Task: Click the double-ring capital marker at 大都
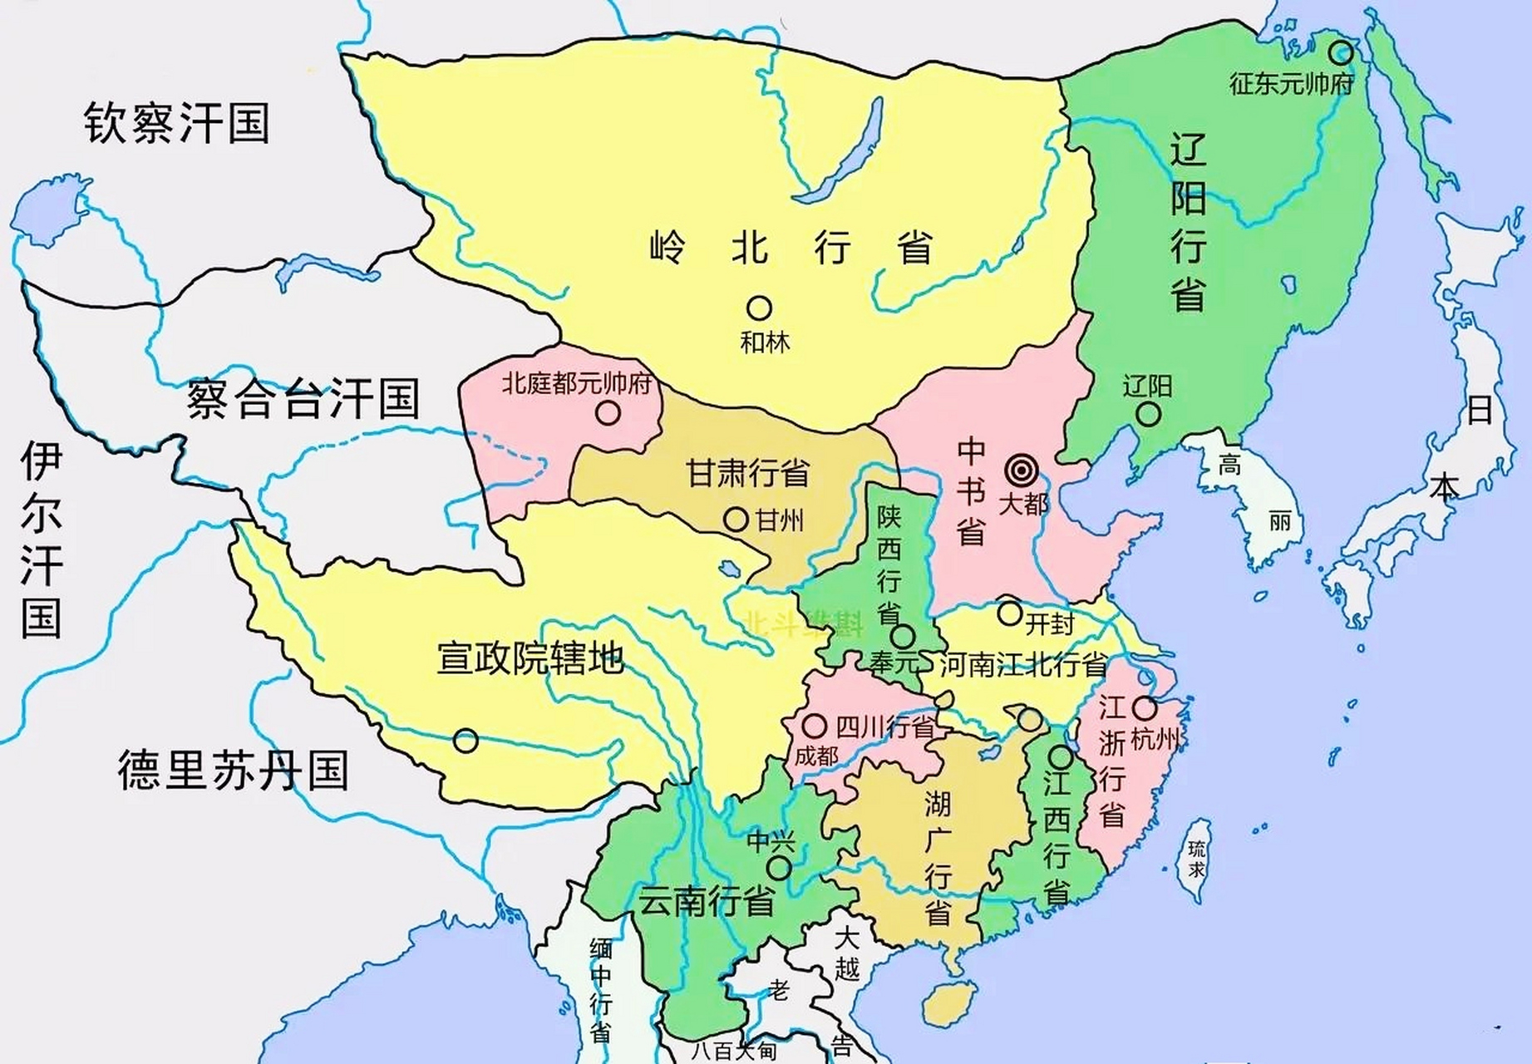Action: tap(1020, 471)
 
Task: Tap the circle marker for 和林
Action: tap(758, 308)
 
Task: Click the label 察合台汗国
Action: tap(303, 398)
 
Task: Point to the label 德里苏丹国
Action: tap(233, 769)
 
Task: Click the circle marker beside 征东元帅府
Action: tap(1339, 53)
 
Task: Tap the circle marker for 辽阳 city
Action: tap(1148, 413)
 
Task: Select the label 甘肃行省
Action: tap(748, 474)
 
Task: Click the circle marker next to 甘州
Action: tap(736, 520)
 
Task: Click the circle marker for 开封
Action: tap(1009, 613)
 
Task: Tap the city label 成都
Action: tap(816, 756)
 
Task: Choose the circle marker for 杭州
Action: tap(1145, 708)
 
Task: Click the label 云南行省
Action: tap(706, 901)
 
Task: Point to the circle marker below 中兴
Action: tap(779, 869)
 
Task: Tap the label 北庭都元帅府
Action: tap(576, 384)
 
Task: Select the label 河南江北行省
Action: tap(1023, 665)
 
